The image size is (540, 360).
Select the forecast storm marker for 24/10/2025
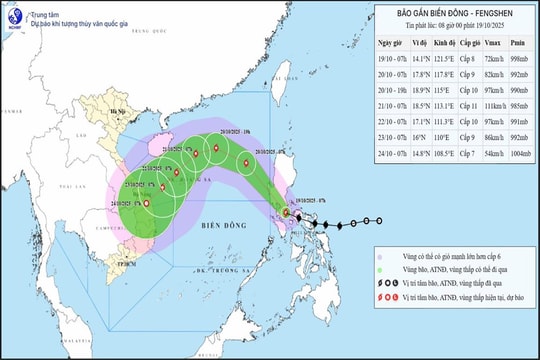tap(147, 204)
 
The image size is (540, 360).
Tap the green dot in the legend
tap(379, 269)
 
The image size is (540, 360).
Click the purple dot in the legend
tap(379, 254)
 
